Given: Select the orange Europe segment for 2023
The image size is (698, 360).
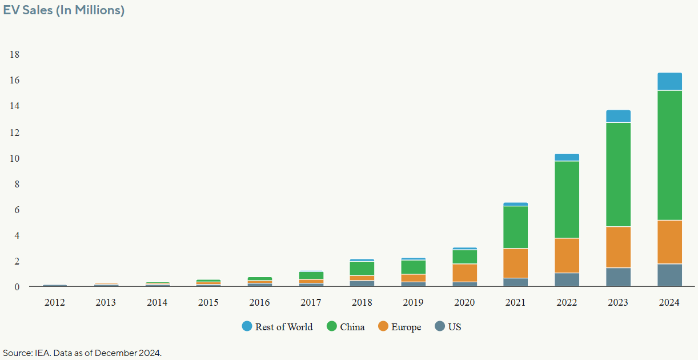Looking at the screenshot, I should coord(619,247).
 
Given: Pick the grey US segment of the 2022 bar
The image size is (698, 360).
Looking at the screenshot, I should coord(567,279).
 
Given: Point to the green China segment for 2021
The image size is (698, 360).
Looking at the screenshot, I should coord(516,227).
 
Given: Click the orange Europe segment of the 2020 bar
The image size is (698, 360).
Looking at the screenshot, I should coord(465,273).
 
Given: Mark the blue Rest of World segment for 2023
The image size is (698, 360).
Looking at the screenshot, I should coord(619,116).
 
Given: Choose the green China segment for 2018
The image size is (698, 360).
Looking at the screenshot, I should coord(362,268).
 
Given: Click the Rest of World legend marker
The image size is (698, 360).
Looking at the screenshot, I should coord(247,327).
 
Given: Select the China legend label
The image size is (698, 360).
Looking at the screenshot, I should coord(352,327).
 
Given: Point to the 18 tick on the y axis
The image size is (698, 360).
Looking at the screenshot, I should coord(14,55).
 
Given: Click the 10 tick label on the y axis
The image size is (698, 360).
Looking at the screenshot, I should coord(14,158).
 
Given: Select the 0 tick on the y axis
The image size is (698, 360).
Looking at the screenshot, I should coord(17,287).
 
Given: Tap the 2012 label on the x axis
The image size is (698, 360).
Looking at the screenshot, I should coord(55,302).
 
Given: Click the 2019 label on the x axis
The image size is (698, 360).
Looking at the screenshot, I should coord(414,302).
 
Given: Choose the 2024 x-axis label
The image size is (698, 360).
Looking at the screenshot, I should coord(669,302).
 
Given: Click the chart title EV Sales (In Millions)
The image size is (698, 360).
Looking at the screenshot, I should coord(64,10).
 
